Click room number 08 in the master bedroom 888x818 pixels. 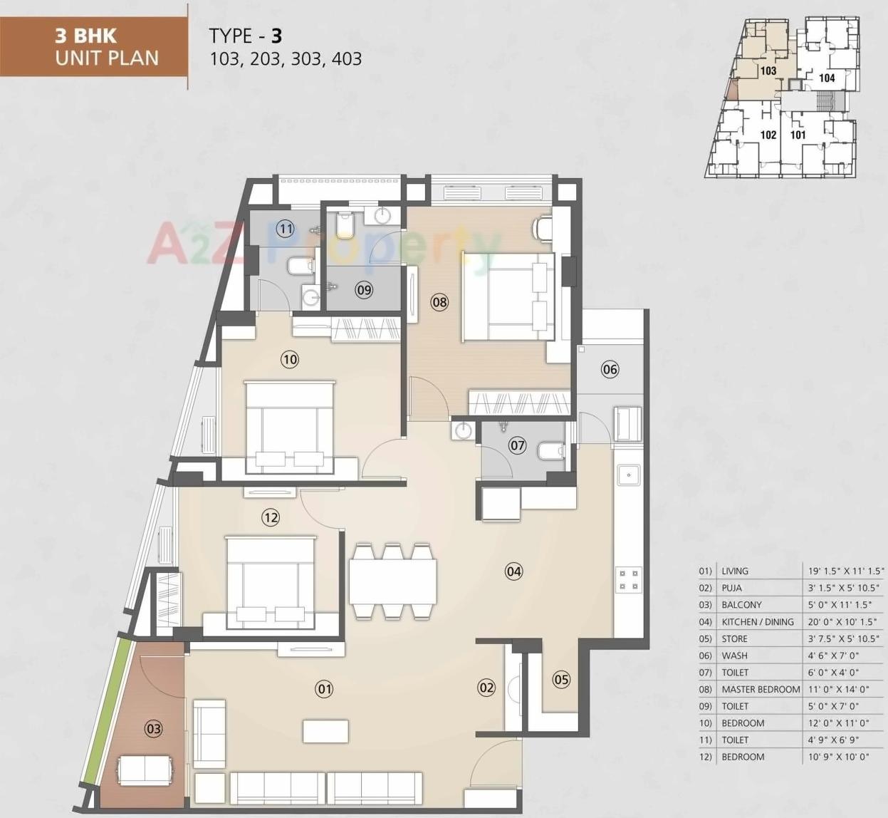(x=439, y=302)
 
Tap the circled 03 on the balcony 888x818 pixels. (x=153, y=728)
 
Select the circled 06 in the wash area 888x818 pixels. (x=610, y=369)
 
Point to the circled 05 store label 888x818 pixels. (x=561, y=679)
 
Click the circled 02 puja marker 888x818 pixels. (x=486, y=688)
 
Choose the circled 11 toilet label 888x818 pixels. (x=286, y=229)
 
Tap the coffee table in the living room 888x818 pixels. (x=325, y=731)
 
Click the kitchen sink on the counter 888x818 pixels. (x=628, y=474)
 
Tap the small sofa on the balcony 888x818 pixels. (x=145, y=770)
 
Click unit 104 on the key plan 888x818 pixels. (x=826, y=78)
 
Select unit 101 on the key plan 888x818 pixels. (x=798, y=134)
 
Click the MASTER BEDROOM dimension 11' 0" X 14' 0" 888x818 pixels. (x=838, y=689)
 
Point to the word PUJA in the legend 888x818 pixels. (x=731, y=588)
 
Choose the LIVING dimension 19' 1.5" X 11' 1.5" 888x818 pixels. (x=845, y=571)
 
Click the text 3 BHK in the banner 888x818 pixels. (x=85, y=36)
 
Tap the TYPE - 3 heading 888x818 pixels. (x=246, y=36)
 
